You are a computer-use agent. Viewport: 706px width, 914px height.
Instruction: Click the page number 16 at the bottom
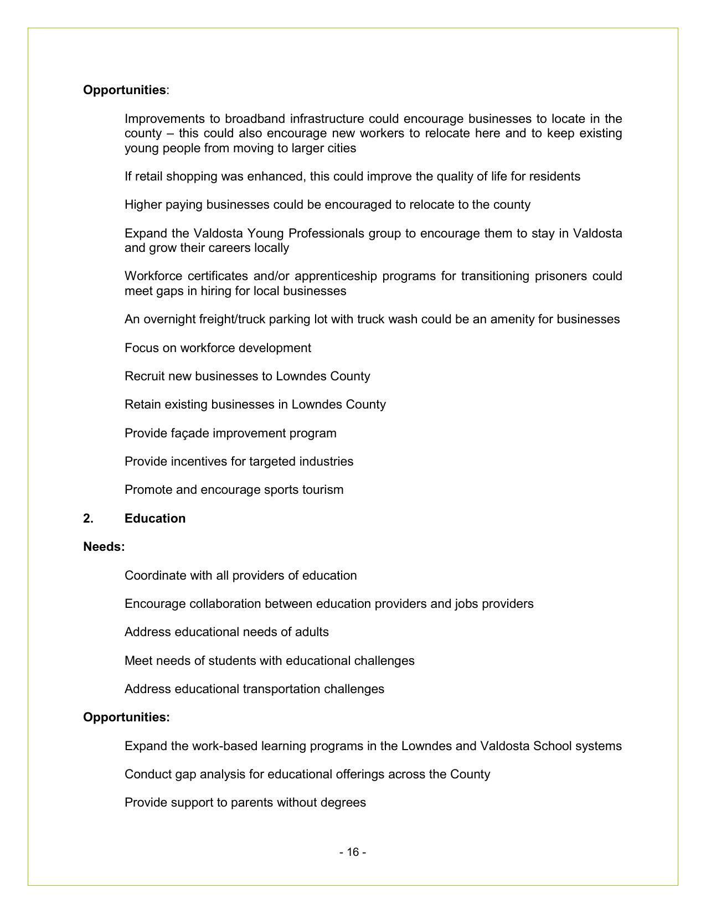pos(353,852)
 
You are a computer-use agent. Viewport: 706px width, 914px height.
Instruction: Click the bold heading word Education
pos(155,519)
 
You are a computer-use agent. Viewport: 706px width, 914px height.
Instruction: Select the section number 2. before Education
pos(88,519)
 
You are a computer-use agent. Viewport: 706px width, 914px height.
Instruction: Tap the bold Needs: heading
pos(104,547)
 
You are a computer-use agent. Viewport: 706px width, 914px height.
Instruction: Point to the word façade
pos(190,433)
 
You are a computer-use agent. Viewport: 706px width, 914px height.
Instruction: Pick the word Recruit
pos(145,376)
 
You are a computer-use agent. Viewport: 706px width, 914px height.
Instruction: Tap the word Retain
pos(142,405)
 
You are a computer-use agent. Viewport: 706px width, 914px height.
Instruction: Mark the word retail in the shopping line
pos(148,177)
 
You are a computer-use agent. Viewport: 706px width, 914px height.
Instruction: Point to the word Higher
pos(143,205)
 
